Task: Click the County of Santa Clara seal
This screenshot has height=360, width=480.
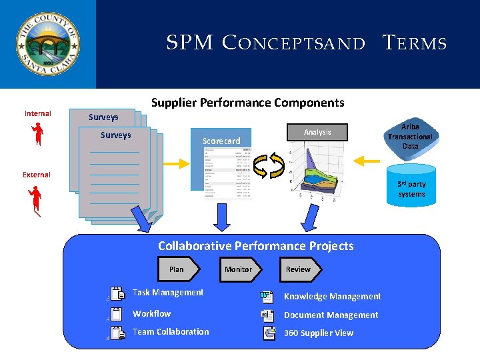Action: pyautogui.click(x=47, y=44)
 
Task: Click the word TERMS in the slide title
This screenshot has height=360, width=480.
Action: pyautogui.click(x=414, y=44)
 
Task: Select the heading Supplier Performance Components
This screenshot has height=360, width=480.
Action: pyautogui.click(x=247, y=103)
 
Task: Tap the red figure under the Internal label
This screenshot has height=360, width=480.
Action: pyautogui.click(x=37, y=134)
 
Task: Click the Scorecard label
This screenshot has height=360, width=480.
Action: pyautogui.click(x=221, y=141)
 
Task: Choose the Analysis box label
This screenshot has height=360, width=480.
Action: pyautogui.click(x=317, y=132)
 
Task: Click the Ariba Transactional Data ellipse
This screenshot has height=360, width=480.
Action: pyautogui.click(x=410, y=136)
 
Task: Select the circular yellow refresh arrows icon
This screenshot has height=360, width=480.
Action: pyautogui.click(x=269, y=165)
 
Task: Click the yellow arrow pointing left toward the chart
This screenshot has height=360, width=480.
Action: pyautogui.click(x=367, y=161)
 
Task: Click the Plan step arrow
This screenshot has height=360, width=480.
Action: pyautogui.click(x=178, y=269)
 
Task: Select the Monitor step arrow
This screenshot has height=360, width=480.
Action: pyautogui.click(x=239, y=269)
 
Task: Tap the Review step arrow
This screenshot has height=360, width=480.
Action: pyautogui.click(x=299, y=269)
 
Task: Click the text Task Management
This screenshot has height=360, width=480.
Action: pyautogui.click(x=168, y=292)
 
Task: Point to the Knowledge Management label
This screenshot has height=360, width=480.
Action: pyautogui.click(x=332, y=296)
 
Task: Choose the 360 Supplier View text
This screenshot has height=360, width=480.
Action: pyautogui.click(x=319, y=333)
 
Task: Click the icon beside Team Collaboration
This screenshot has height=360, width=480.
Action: pyautogui.click(x=117, y=333)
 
